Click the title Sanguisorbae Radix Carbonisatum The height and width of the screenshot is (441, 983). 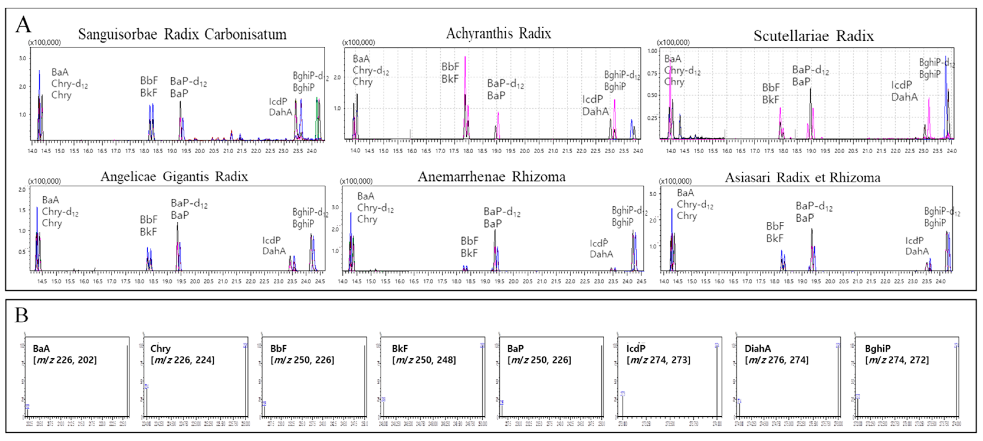[182, 34]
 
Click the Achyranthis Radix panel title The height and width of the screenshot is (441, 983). [498, 34]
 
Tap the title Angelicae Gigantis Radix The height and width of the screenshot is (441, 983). [174, 177]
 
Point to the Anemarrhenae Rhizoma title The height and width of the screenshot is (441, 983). [491, 177]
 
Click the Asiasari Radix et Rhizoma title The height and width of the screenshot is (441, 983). [803, 177]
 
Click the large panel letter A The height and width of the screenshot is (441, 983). [23, 25]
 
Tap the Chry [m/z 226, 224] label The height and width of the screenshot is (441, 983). [182, 354]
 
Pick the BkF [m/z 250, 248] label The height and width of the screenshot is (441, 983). [424, 354]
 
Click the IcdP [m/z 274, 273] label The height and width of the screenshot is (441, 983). [658, 354]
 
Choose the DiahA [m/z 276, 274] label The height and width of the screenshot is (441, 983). [776, 354]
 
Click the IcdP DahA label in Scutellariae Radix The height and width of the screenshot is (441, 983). [904, 91]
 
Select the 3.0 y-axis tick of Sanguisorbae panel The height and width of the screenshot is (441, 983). [22, 58]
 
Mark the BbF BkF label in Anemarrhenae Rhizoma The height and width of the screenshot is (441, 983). [469, 247]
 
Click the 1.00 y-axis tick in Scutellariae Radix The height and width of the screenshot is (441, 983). [652, 51]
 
